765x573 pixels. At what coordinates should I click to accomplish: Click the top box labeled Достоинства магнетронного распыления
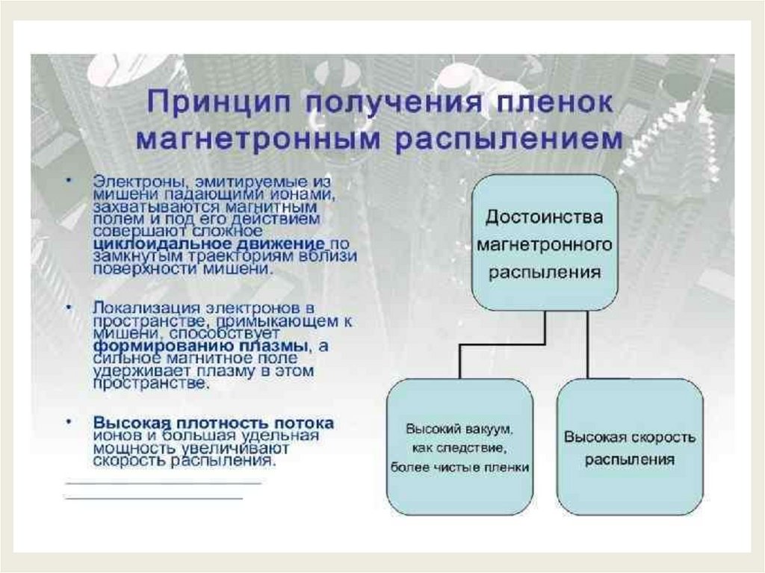pyautogui.click(x=544, y=243)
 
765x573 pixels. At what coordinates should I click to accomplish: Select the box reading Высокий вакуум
pyautogui.click(x=459, y=447)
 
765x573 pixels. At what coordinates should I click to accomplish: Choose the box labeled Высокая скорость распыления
pyautogui.click(x=630, y=447)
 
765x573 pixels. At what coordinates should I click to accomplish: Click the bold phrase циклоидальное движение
pyautogui.click(x=209, y=244)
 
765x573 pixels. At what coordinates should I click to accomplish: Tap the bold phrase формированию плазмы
pyautogui.click(x=201, y=347)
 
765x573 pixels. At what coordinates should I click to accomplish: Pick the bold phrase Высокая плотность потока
pyautogui.click(x=214, y=423)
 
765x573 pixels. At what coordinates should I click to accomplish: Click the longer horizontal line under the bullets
pyautogui.click(x=164, y=483)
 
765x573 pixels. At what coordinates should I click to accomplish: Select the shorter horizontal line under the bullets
pyautogui.click(x=154, y=498)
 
